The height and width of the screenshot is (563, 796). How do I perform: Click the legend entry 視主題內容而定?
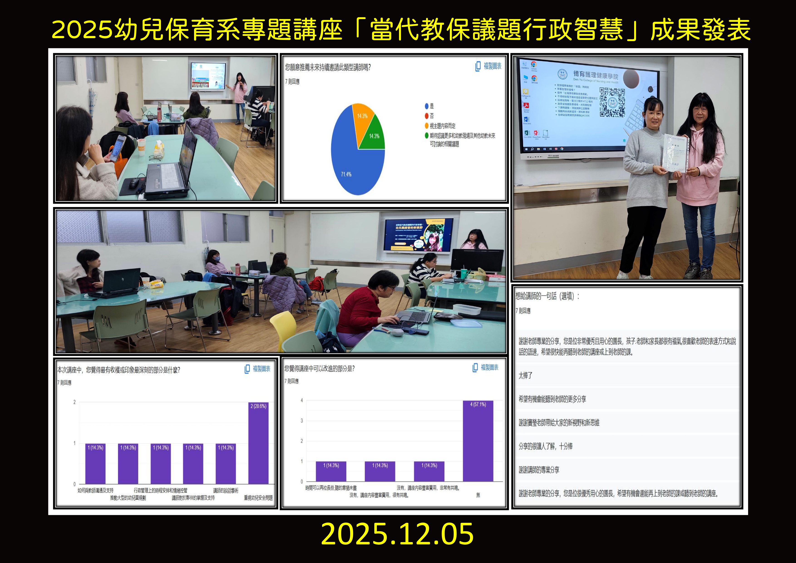click(x=442, y=126)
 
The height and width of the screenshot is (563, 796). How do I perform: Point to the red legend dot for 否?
click(x=427, y=116)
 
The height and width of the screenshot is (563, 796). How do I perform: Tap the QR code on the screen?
click(x=612, y=102)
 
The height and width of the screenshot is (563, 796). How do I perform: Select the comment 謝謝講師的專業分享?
click(x=539, y=470)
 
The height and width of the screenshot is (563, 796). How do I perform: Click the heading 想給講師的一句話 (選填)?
click(x=547, y=296)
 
